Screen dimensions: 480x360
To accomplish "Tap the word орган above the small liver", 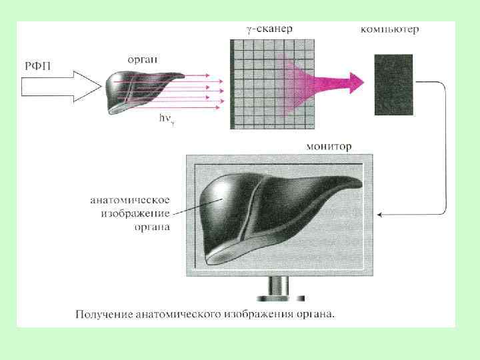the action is [141, 59].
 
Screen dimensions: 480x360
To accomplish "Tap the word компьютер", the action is [389, 29].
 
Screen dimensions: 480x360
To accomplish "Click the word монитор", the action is [329, 146].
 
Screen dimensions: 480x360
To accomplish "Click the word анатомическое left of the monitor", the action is [131, 199].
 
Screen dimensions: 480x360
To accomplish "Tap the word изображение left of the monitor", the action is [136, 213].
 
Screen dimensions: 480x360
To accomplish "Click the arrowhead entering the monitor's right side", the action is [380, 215].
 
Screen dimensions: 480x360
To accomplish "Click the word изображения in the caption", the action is [257, 313].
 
